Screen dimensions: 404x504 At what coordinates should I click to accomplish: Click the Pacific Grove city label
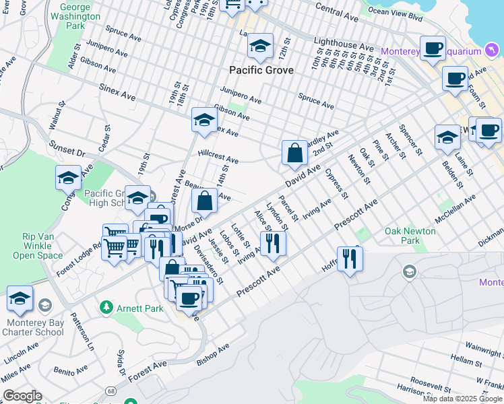[x=261, y=70]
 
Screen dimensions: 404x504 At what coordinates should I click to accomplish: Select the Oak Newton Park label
[x=411, y=236]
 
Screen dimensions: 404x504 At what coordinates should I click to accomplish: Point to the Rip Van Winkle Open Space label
[x=42, y=246]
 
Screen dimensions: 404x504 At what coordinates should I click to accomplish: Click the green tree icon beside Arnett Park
[x=106, y=308]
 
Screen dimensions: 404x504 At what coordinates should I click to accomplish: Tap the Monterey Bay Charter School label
[x=33, y=327]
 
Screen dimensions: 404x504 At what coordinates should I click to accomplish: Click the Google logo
[x=22, y=396]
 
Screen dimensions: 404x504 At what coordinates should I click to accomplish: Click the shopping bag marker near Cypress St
[x=295, y=153]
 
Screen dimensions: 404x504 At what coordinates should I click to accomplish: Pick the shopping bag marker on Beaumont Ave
[x=205, y=200]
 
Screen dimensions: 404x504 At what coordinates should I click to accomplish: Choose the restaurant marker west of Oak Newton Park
[x=350, y=259]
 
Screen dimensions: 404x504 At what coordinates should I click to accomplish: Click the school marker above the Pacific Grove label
[x=260, y=46]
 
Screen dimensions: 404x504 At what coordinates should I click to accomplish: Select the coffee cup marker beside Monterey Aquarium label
[x=433, y=48]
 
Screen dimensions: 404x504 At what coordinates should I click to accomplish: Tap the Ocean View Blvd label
[x=396, y=11]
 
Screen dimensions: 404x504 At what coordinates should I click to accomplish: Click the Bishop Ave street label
[x=213, y=354]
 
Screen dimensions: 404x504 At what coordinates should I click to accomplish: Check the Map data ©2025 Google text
[x=462, y=399]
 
